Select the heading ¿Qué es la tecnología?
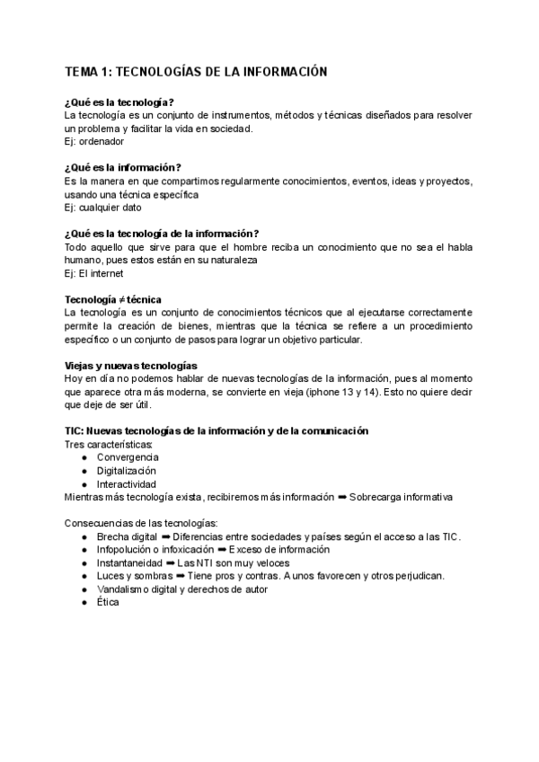[119, 102]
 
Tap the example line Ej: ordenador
[94, 141]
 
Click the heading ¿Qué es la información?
[123, 167]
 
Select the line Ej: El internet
[93, 273]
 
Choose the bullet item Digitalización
[127, 471]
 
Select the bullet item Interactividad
[127, 483]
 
